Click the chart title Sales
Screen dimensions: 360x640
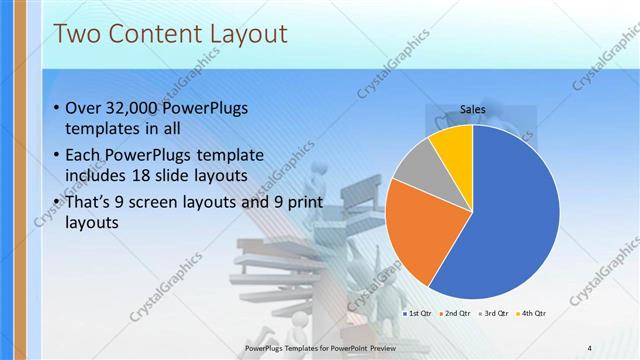(473, 109)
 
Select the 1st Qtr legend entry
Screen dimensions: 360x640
(418, 314)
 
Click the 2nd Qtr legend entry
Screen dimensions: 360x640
(456, 314)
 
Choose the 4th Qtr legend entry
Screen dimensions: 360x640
(532, 314)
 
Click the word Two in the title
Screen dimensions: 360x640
(76, 35)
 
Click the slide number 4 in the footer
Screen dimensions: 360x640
(590, 347)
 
